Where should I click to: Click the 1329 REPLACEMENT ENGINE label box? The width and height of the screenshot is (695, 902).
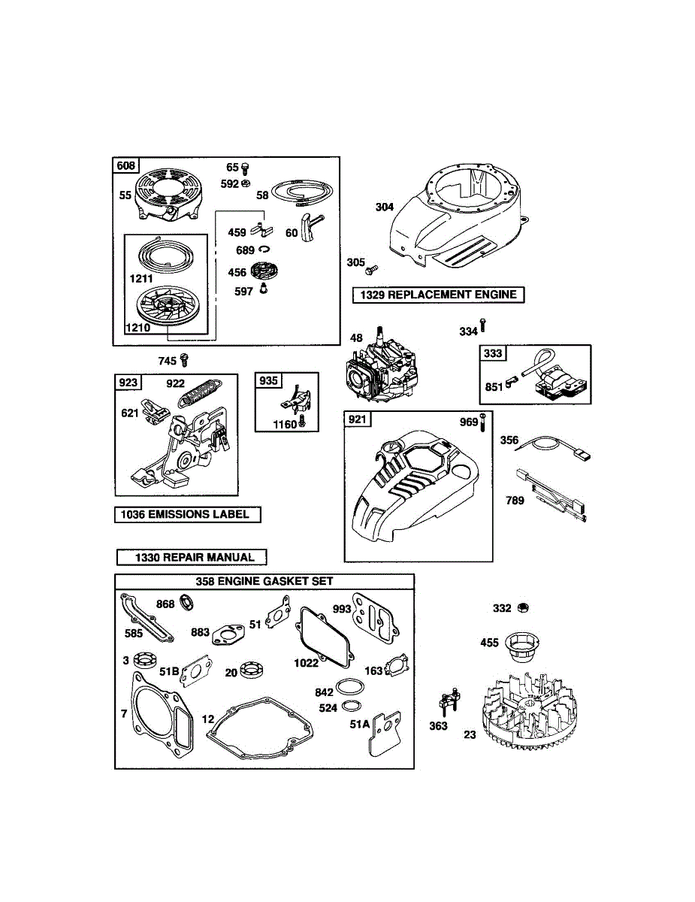[439, 295]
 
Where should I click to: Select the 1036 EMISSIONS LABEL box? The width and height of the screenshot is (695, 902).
[188, 515]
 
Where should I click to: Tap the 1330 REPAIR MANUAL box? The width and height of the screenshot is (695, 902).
[192, 557]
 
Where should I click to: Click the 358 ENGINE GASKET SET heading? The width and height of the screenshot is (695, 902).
[264, 581]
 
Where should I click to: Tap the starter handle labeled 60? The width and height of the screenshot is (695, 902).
[310, 226]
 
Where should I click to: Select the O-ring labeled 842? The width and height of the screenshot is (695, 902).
[349, 688]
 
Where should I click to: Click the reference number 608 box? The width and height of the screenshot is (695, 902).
[126, 165]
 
